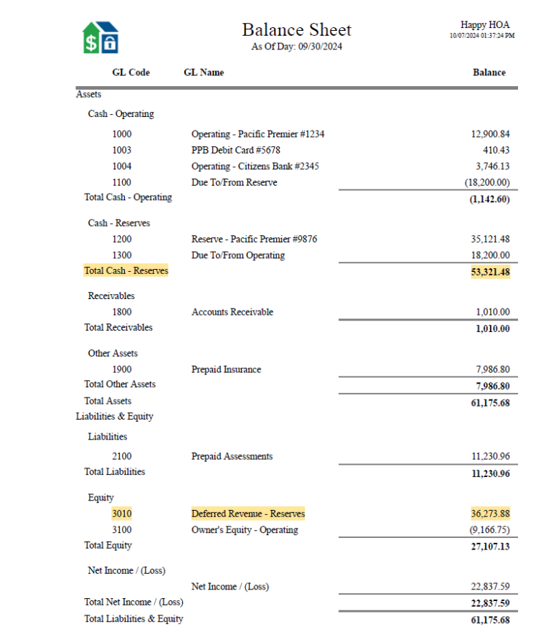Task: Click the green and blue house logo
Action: pos(100,37)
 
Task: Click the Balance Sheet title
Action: pos(296,30)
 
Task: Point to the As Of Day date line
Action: pos(296,47)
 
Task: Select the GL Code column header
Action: pos(131,72)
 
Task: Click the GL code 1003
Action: pos(122,150)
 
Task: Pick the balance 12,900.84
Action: pos(490,134)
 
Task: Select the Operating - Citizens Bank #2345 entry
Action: pos(255,166)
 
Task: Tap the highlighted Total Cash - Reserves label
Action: pos(126,270)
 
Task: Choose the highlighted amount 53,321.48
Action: pos(490,272)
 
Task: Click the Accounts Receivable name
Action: pos(232,312)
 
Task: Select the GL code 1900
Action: pos(122,369)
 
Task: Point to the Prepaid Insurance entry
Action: pos(226,369)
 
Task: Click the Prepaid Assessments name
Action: pos(232,456)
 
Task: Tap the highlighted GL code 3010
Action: pos(122,514)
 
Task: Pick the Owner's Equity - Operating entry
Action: pos(244,530)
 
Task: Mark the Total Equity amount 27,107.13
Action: pos(490,547)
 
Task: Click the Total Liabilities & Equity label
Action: pos(133,619)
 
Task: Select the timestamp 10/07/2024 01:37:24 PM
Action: pos(481,35)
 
